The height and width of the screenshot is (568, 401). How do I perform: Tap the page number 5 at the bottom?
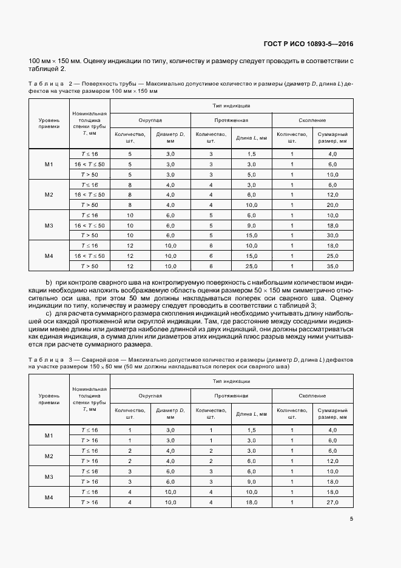352,518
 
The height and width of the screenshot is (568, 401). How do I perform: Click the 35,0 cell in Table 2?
332,266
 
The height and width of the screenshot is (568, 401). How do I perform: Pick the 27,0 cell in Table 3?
332,503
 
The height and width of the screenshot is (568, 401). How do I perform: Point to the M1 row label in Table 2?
49,164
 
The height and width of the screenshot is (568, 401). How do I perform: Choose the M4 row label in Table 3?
49,498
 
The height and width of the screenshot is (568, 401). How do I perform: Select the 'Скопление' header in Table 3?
312,395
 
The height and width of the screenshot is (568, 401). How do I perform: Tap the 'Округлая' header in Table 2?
150,121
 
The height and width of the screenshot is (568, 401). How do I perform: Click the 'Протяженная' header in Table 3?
231,395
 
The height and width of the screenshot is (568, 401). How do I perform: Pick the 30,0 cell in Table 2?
332,235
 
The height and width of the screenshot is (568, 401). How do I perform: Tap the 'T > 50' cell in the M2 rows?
90,205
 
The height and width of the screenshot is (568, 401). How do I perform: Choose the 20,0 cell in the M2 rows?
332,205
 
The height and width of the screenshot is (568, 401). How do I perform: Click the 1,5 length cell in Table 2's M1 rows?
252,155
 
